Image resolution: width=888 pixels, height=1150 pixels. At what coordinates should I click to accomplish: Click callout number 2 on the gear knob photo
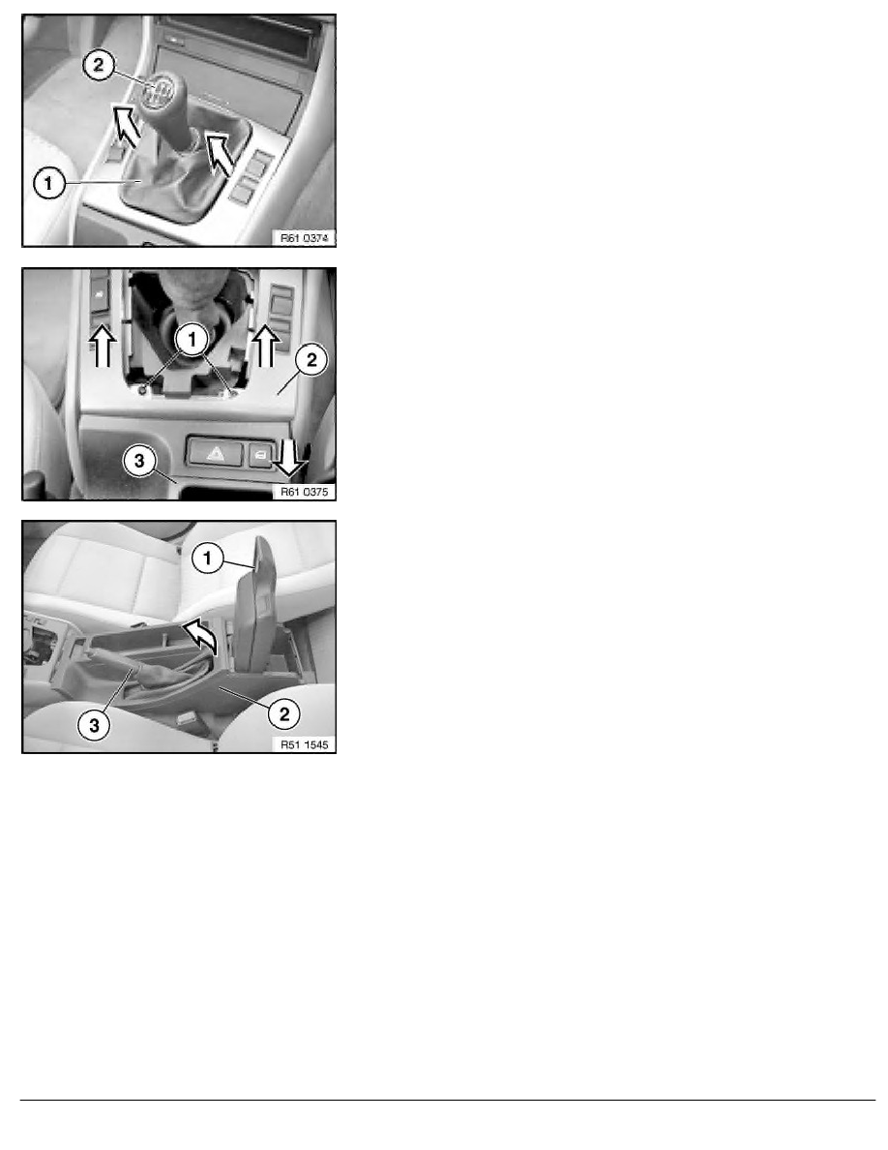(x=99, y=65)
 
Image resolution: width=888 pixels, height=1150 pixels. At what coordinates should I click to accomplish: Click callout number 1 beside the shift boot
(x=49, y=183)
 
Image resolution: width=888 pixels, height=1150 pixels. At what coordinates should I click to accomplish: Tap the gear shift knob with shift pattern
(x=157, y=92)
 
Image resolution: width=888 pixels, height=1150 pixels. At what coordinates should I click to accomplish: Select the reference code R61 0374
(x=304, y=237)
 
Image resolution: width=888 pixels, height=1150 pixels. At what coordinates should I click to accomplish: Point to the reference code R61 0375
(x=304, y=492)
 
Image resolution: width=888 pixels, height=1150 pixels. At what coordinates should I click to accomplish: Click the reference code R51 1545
(x=304, y=744)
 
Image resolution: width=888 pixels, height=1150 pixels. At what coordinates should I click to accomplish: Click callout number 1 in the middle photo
(x=192, y=340)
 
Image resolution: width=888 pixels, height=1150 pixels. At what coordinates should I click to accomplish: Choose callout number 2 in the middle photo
(x=312, y=359)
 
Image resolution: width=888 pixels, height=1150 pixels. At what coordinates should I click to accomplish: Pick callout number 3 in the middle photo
(x=140, y=461)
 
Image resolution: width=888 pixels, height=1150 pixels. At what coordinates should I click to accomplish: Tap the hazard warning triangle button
(x=216, y=453)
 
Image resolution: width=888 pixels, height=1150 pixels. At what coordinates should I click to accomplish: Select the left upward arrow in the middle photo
(x=103, y=346)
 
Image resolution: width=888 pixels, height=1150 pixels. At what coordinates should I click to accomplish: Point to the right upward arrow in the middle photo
(x=265, y=346)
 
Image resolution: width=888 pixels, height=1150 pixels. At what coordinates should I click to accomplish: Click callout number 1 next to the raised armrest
(x=207, y=559)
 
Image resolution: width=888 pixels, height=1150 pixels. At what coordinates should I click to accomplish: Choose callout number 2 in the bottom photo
(x=284, y=712)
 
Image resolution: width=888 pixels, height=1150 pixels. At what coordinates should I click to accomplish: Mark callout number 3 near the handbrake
(x=95, y=725)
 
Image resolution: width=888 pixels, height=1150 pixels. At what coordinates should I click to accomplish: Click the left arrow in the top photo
(x=126, y=123)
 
